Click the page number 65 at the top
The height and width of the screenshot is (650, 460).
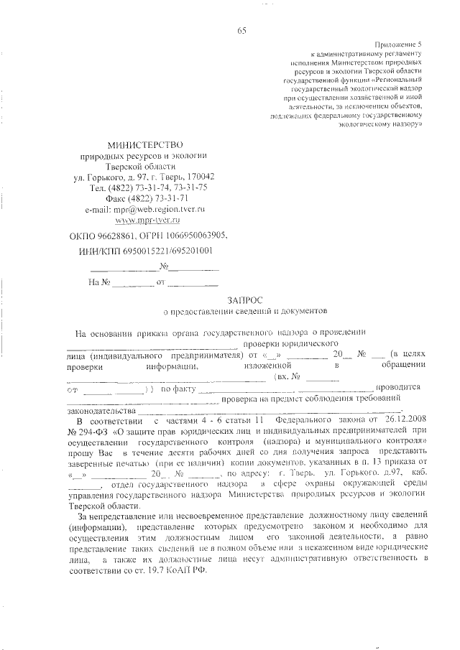click(241, 29)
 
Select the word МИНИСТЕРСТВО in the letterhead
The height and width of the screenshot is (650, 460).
click(145, 146)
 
